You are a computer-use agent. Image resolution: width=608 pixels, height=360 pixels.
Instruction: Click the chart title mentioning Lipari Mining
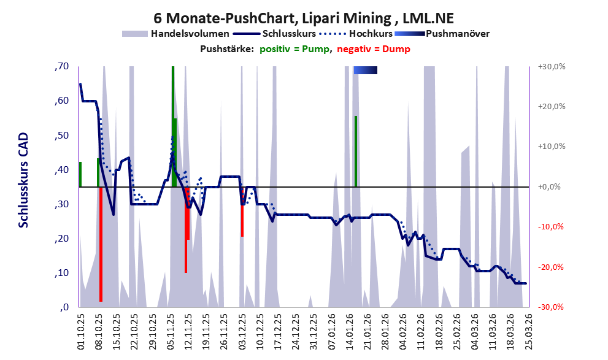304,18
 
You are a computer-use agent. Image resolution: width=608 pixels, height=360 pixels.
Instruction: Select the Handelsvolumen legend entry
190,34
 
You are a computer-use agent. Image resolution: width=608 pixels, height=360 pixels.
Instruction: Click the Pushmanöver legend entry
457,34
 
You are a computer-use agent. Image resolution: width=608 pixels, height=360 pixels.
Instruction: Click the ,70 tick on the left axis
61,67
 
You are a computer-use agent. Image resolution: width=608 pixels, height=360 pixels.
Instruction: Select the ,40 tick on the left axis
61,170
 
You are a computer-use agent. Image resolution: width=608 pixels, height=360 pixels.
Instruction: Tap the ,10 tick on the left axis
61,273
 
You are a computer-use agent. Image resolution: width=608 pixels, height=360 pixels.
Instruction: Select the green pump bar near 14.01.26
355,151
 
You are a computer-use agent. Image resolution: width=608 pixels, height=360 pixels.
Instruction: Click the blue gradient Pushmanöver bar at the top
365,70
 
